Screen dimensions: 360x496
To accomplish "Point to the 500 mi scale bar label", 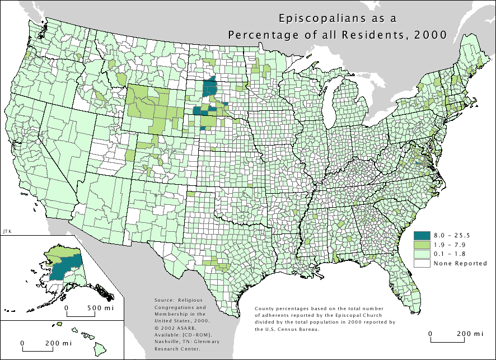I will click(x=101, y=307).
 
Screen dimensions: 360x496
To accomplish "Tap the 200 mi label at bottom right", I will click(x=470, y=333).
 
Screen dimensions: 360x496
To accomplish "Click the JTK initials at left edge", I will click(x=7, y=231).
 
